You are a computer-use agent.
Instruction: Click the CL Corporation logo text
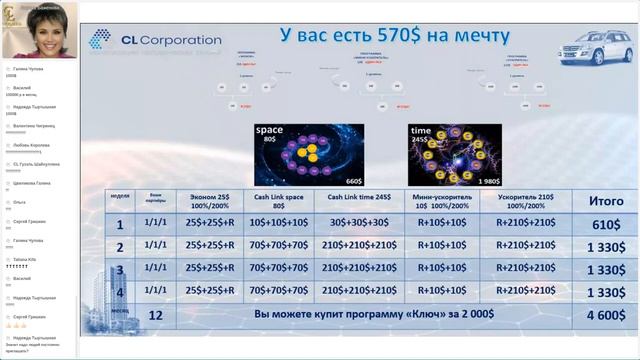tap(170, 41)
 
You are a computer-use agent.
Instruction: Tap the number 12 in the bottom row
tap(155, 315)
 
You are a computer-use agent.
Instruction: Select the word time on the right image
tap(421, 131)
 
